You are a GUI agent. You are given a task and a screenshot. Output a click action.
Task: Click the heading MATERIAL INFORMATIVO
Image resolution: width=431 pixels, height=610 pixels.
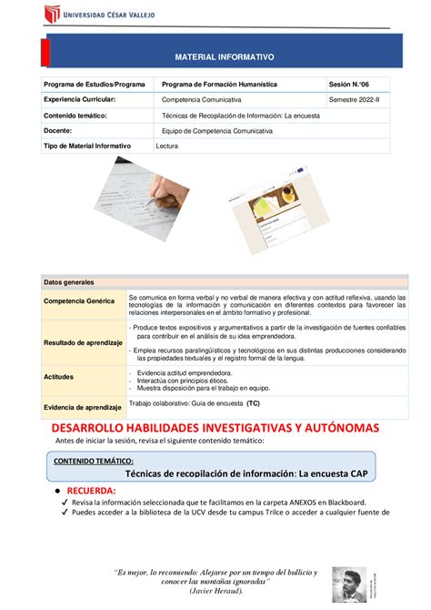click(x=224, y=56)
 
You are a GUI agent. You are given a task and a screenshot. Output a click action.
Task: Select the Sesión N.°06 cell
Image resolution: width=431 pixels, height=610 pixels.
click(x=359, y=85)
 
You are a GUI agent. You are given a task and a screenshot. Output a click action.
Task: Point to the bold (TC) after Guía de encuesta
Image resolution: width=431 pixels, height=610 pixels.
click(x=252, y=401)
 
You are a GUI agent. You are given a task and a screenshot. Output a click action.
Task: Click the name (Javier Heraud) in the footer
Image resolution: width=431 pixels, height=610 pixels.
click(x=215, y=590)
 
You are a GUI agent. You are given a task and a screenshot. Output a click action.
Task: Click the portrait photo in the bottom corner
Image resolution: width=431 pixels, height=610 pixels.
click(x=348, y=581)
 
